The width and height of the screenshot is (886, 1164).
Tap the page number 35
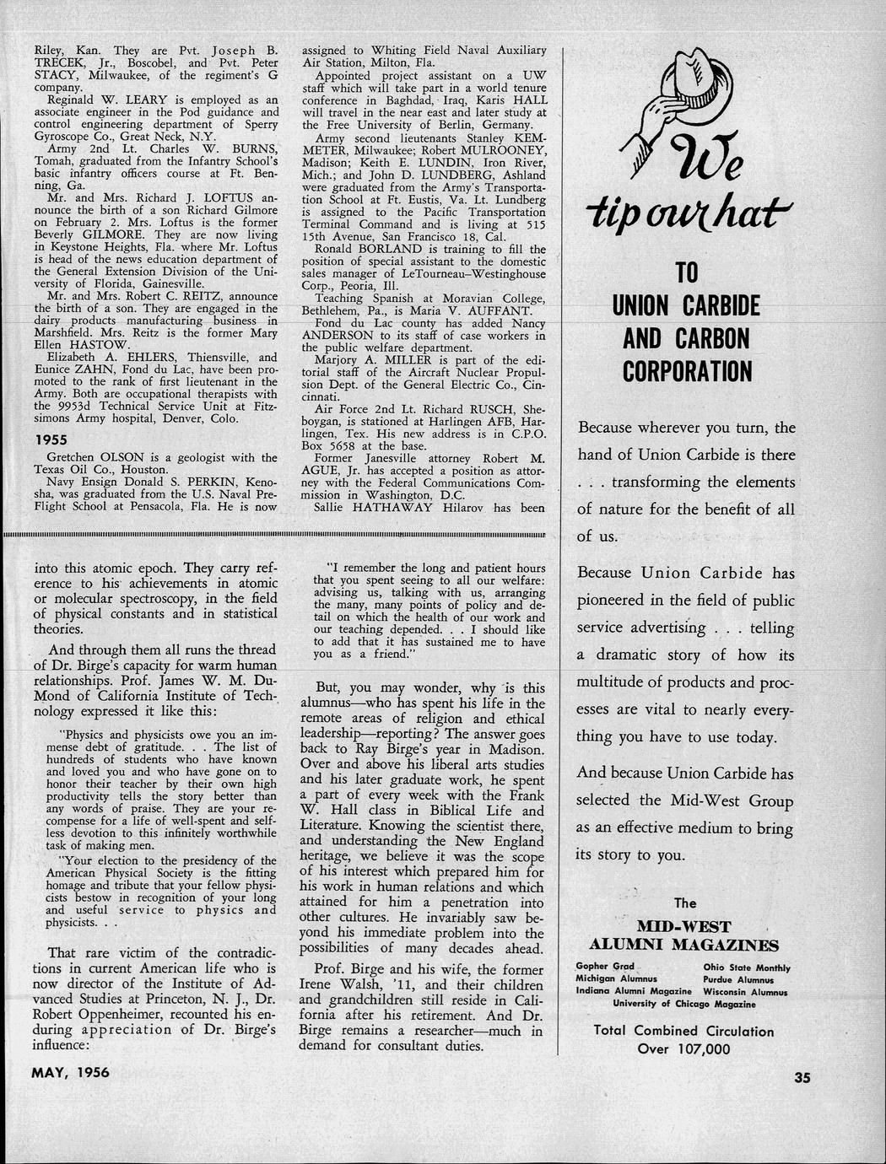(x=801, y=1076)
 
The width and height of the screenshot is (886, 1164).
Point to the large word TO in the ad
(x=685, y=273)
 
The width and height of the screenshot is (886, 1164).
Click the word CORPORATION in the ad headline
(x=687, y=371)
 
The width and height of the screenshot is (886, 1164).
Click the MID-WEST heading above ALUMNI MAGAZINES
(x=683, y=926)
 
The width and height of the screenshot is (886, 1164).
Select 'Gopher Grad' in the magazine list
(x=605, y=967)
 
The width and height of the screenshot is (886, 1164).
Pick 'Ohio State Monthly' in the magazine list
(x=747, y=967)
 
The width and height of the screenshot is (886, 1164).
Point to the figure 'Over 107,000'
(x=683, y=1048)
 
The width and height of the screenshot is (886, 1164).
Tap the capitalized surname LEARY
(x=149, y=100)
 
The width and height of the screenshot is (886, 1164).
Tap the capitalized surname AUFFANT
(x=505, y=310)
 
